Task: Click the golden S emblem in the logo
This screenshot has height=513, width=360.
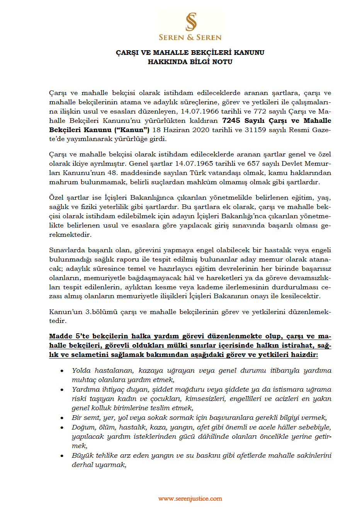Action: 191,22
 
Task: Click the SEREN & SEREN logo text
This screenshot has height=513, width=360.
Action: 190,37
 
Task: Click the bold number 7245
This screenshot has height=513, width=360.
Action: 231,121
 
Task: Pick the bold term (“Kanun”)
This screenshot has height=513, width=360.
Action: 132,130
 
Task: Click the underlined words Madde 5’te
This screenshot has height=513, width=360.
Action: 69,336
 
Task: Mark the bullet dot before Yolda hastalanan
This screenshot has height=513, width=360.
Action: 62,371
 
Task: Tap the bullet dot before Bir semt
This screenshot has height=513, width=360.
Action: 62,418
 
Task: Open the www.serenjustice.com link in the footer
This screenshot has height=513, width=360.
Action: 190,499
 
